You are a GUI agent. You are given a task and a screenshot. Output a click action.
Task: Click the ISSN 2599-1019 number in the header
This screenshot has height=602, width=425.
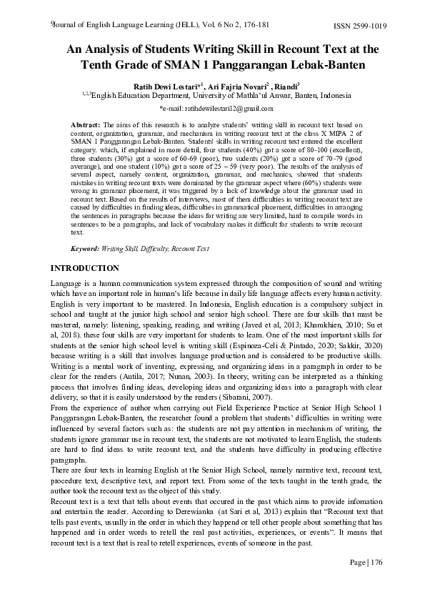(360, 26)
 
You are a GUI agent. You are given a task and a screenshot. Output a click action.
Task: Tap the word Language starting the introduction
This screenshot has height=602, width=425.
(66, 284)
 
